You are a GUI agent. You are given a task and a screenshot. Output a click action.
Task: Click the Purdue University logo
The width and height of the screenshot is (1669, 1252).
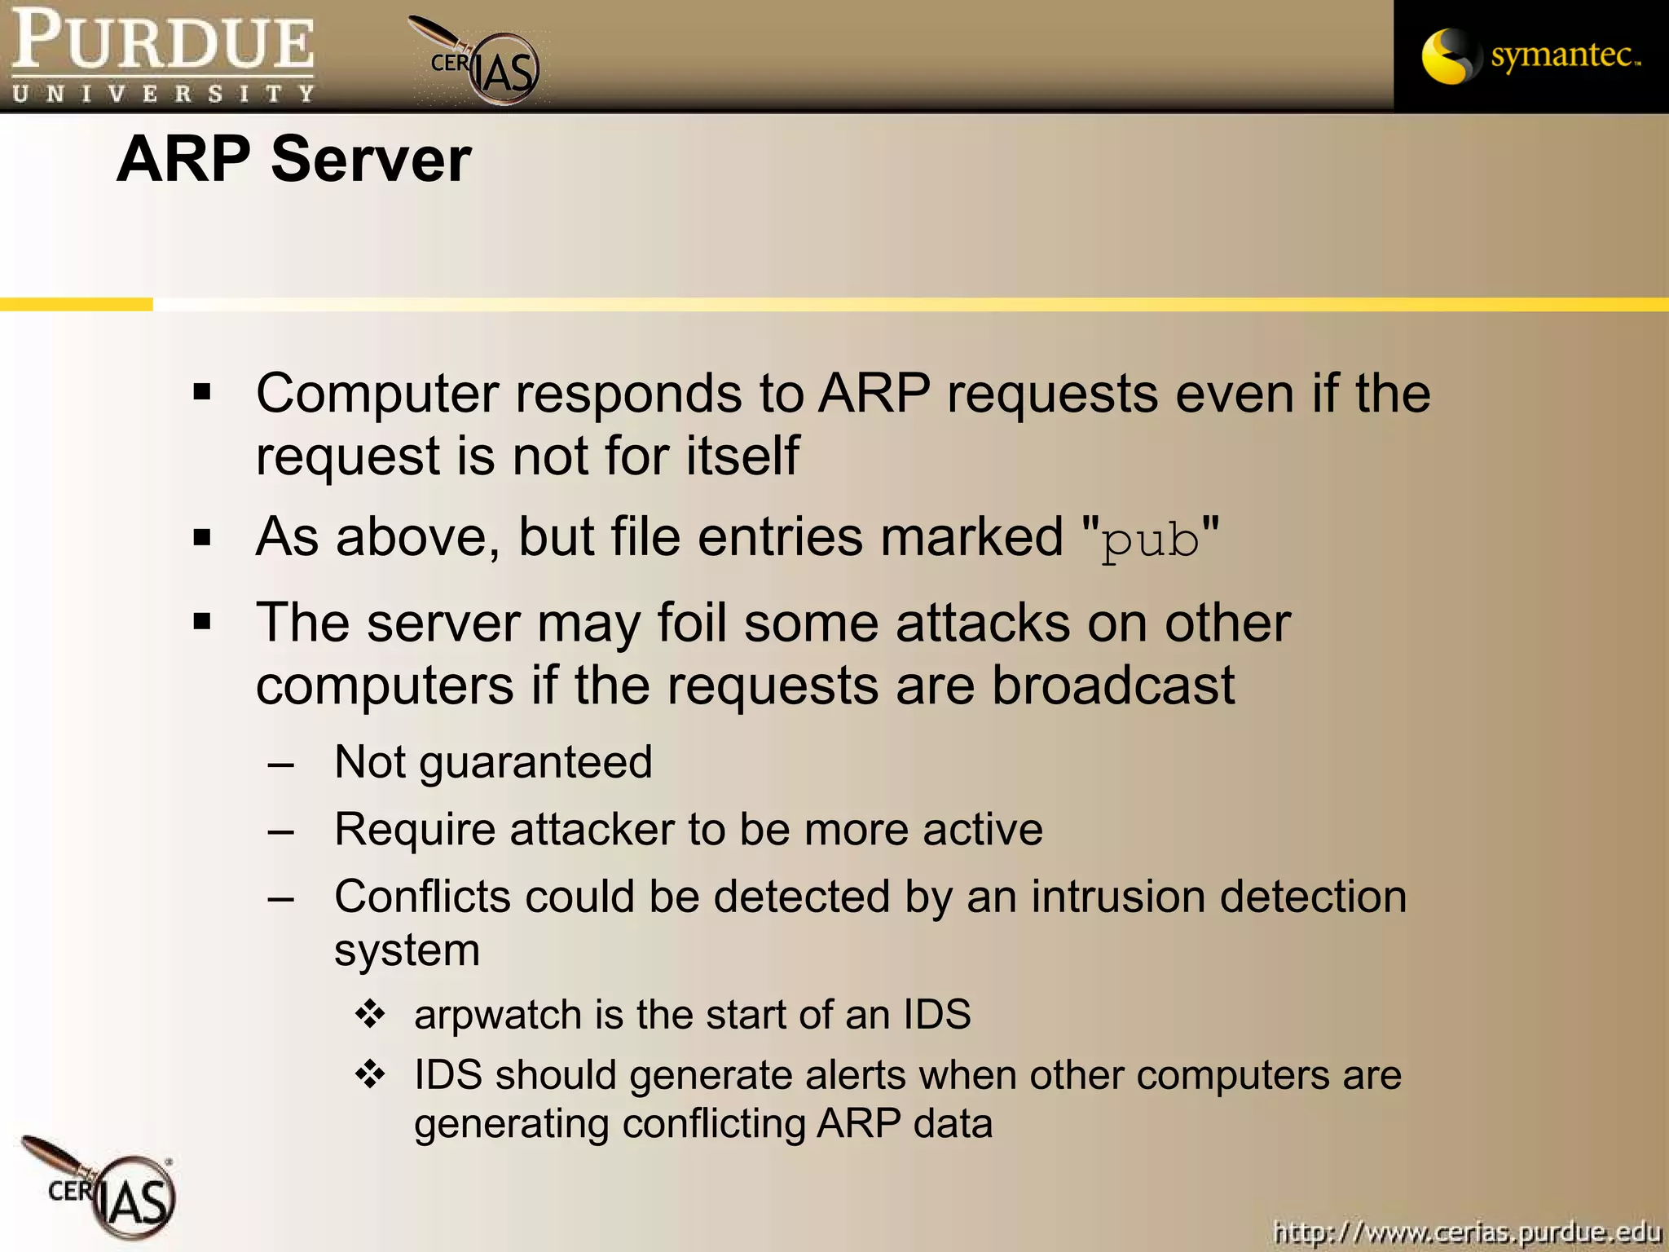click(163, 55)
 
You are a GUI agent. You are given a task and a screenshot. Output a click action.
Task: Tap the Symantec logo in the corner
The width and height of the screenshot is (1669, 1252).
click(1530, 55)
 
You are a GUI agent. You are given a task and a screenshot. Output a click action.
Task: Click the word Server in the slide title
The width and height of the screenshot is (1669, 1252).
click(371, 159)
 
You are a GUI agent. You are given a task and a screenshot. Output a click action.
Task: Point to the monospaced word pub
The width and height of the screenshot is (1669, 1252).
click(1150, 540)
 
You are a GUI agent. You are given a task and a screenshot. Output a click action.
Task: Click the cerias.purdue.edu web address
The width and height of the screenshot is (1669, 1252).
click(1467, 1231)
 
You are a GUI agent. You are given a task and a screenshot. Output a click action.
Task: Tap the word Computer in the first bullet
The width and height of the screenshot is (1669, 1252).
click(377, 394)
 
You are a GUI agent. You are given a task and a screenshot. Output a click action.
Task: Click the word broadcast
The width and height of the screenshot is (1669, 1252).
click(1112, 685)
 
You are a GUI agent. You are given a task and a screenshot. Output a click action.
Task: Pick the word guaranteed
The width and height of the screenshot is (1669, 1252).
click(535, 763)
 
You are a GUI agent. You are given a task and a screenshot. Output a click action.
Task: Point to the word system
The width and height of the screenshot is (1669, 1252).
click(407, 950)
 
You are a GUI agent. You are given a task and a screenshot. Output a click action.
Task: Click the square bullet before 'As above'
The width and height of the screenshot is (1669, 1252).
click(202, 538)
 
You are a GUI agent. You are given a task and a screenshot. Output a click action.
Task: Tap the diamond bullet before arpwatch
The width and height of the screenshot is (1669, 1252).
click(370, 1014)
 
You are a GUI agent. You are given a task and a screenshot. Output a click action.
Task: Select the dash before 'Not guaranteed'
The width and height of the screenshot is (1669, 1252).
click(280, 765)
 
